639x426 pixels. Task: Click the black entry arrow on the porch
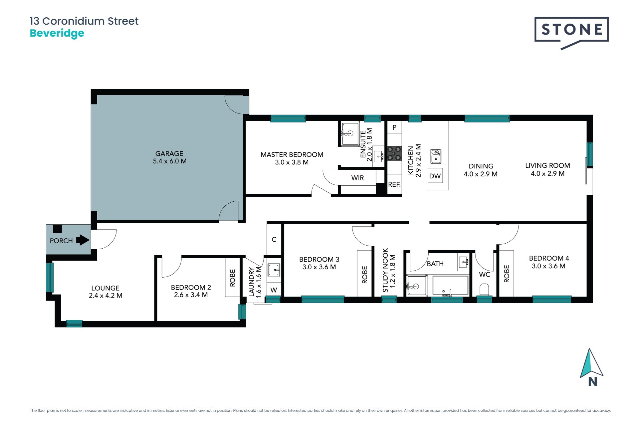point(83,240)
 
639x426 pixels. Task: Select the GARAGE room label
point(169,153)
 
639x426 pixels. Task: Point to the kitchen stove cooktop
point(394,154)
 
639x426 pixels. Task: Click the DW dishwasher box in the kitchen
point(435,176)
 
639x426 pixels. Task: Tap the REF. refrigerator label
point(394,184)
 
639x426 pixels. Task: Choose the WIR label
point(357,178)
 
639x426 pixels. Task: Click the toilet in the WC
point(484,290)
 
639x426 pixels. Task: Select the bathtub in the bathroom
point(450,285)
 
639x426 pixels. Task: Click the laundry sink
point(274,270)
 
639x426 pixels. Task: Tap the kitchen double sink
point(436,156)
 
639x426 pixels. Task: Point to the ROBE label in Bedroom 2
point(232,278)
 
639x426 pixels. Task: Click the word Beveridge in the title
point(57,33)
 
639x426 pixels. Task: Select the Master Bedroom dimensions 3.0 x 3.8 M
point(292,162)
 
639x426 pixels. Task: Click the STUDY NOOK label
point(385,270)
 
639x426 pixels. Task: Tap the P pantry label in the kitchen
point(394,127)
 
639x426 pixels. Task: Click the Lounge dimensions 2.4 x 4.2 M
point(106,296)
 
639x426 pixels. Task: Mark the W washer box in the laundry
point(274,290)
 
